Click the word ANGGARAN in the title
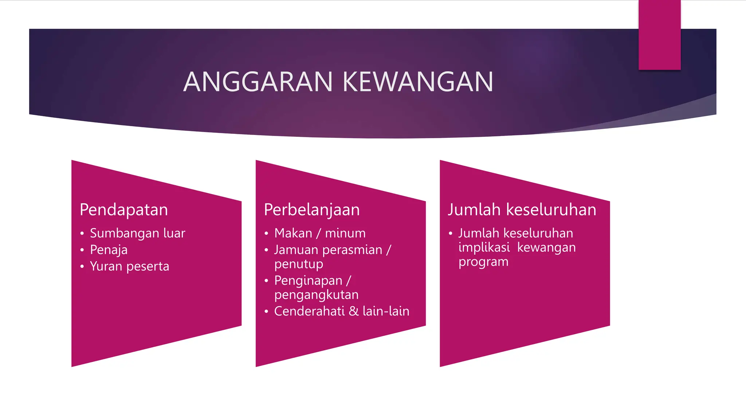click(258, 82)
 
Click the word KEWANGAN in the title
click(418, 82)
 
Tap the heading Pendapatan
click(124, 210)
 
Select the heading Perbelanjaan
click(312, 210)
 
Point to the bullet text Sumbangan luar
click(137, 233)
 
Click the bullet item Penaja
click(109, 250)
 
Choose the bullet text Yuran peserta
click(129, 266)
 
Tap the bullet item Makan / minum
click(320, 233)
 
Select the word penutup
click(299, 264)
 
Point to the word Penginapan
click(308, 280)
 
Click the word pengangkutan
click(316, 295)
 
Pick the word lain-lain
click(386, 311)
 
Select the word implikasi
click(484, 247)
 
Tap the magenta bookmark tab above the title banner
click(659, 35)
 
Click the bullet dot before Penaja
click(82, 250)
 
